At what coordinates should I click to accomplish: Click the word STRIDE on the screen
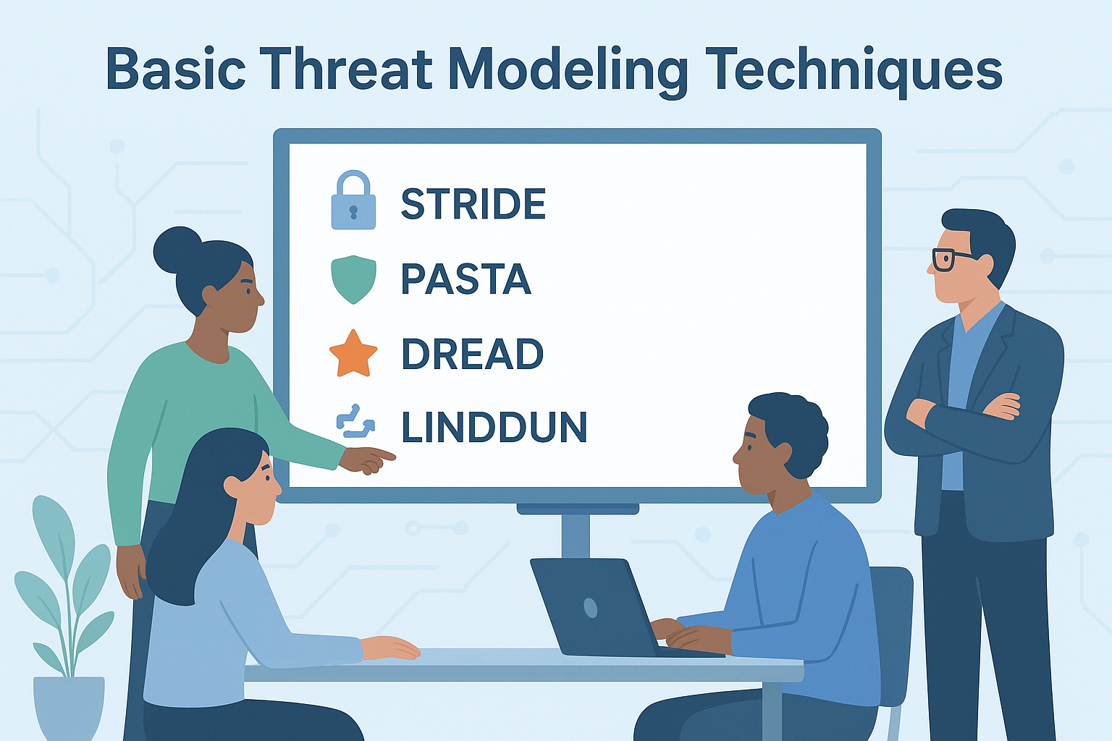coord(473,204)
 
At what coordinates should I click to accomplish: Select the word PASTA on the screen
coord(466,279)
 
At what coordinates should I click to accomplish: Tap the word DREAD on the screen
coord(472,354)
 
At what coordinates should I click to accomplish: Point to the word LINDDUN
coord(494,428)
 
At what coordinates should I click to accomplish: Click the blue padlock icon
coord(353,201)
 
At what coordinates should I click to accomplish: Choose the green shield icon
coord(353,279)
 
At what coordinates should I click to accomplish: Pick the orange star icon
coord(353,354)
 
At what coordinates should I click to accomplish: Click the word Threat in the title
coord(347,69)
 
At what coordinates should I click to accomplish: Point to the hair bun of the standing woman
coord(176,250)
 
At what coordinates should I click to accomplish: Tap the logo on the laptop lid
coord(591,608)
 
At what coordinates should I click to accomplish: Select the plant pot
coord(69,707)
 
